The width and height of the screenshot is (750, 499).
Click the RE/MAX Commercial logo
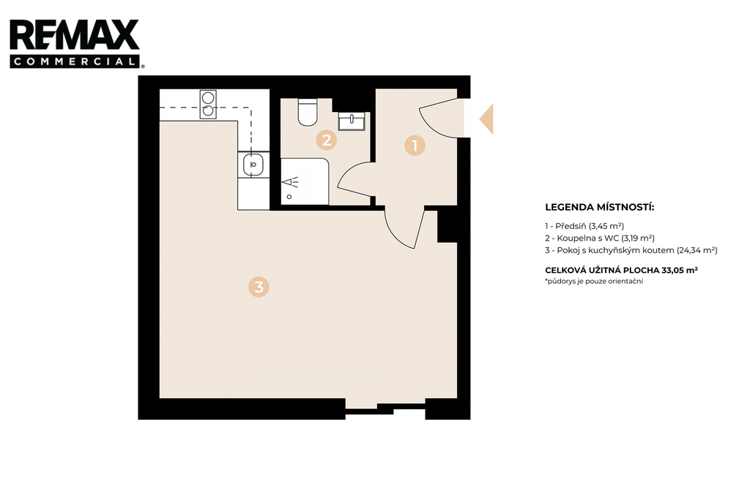[x=76, y=43]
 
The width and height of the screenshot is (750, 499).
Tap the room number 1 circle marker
[x=415, y=146]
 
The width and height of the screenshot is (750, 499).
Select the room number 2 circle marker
[x=327, y=140]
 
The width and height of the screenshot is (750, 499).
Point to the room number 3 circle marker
[x=259, y=287]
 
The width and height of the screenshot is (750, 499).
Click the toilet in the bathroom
[x=308, y=113]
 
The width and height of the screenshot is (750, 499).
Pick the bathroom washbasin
[x=352, y=121]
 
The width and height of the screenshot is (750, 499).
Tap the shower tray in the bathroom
[x=305, y=181]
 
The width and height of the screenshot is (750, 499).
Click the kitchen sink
[x=253, y=165]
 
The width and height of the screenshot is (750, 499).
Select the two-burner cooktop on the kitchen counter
[x=208, y=104]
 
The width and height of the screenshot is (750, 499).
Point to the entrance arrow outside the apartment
[x=486, y=119]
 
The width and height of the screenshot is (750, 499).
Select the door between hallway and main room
[x=404, y=228]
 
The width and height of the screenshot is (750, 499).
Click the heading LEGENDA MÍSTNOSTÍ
[x=599, y=208]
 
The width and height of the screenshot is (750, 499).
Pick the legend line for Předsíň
[x=584, y=226]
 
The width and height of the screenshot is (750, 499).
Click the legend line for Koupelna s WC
[x=600, y=238]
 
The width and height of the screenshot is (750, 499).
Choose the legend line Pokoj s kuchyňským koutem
[x=631, y=250]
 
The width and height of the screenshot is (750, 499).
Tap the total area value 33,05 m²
[x=679, y=270]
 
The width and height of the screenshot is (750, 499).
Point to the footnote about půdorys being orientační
[x=593, y=282]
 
